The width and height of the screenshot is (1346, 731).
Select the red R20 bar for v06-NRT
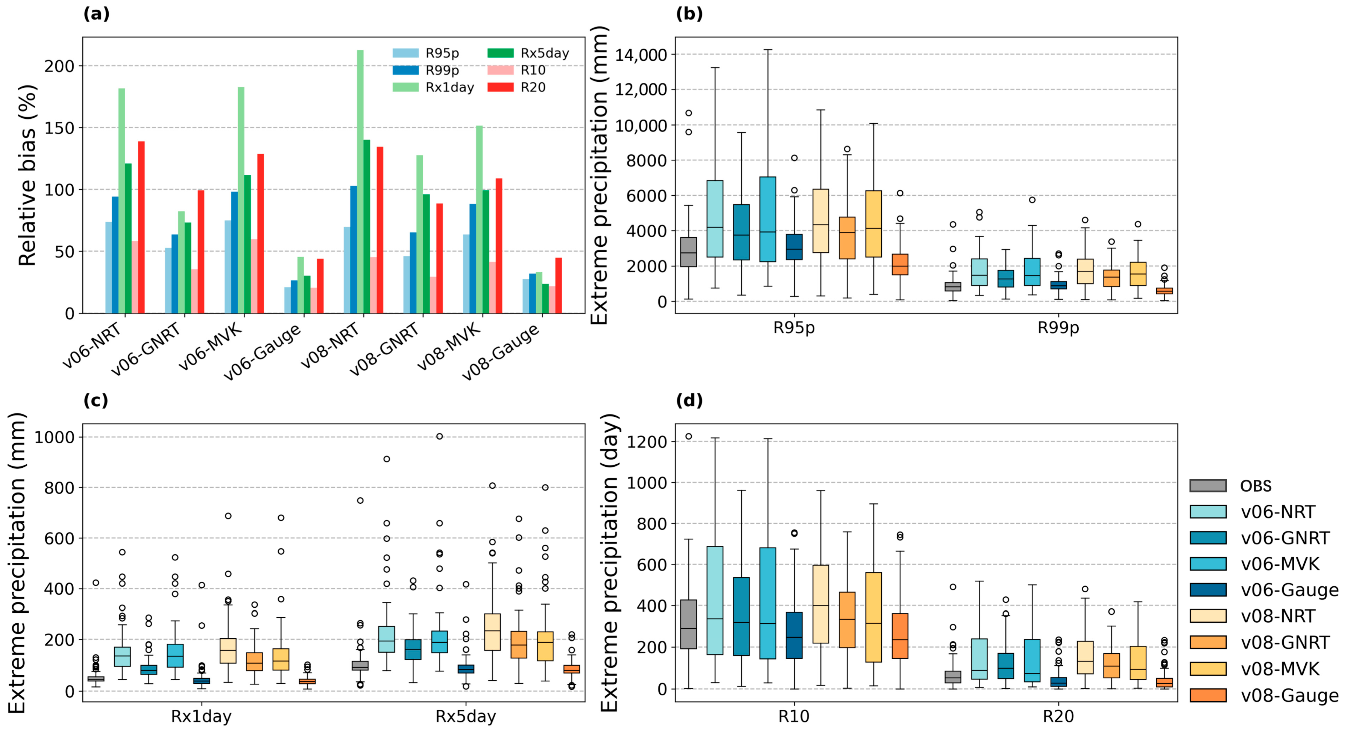[x=141, y=227]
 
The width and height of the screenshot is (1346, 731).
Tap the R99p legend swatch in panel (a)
[x=405, y=70]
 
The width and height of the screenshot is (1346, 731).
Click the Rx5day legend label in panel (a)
[x=544, y=53]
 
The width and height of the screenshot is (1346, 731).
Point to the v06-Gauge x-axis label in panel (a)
[x=263, y=353]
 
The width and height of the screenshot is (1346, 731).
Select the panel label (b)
[x=689, y=14]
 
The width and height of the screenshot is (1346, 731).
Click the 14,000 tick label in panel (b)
[x=641, y=54]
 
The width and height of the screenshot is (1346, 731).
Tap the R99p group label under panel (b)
[x=1058, y=328]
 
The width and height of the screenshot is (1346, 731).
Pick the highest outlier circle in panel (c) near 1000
[x=440, y=436]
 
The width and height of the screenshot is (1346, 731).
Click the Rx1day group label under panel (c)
[x=201, y=716]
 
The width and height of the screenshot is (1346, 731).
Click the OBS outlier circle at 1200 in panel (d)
[x=689, y=436]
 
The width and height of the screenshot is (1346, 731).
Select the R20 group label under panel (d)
[x=1058, y=716]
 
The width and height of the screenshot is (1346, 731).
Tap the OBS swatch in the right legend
[x=1208, y=486]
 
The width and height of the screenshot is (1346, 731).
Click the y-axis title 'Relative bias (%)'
[x=27, y=175]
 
